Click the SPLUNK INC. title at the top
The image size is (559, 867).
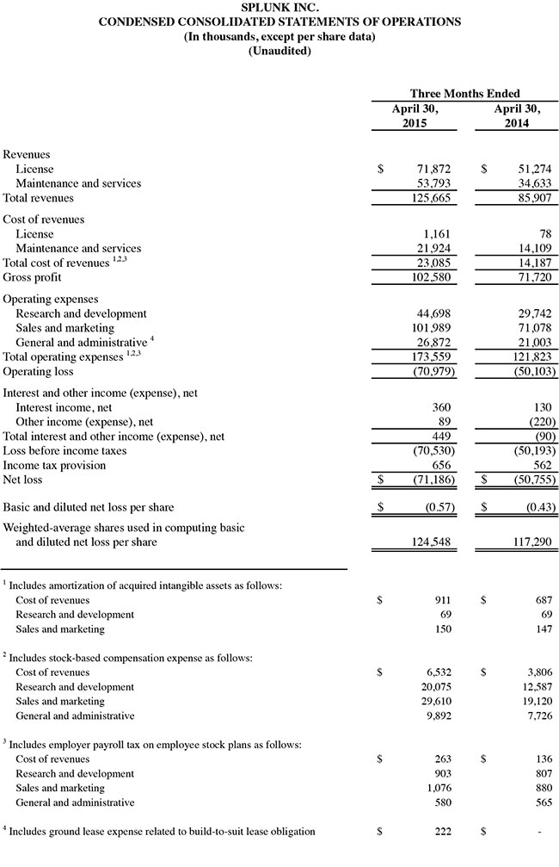(x=279, y=7)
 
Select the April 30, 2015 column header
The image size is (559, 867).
(x=415, y=116)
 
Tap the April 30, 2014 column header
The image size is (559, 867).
(x=518, y=116)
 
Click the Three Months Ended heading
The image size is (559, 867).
(x=464, y=93)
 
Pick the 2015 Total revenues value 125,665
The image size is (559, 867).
(x=428, y=198)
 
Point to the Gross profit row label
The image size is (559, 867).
(x=32, y=277)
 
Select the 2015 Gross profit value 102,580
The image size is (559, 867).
(x=428, y=277)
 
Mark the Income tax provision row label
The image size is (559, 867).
(x=54, y=465)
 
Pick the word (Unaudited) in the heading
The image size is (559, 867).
(x=279, y=51)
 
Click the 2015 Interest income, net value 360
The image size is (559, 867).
(x=439, y=407)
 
